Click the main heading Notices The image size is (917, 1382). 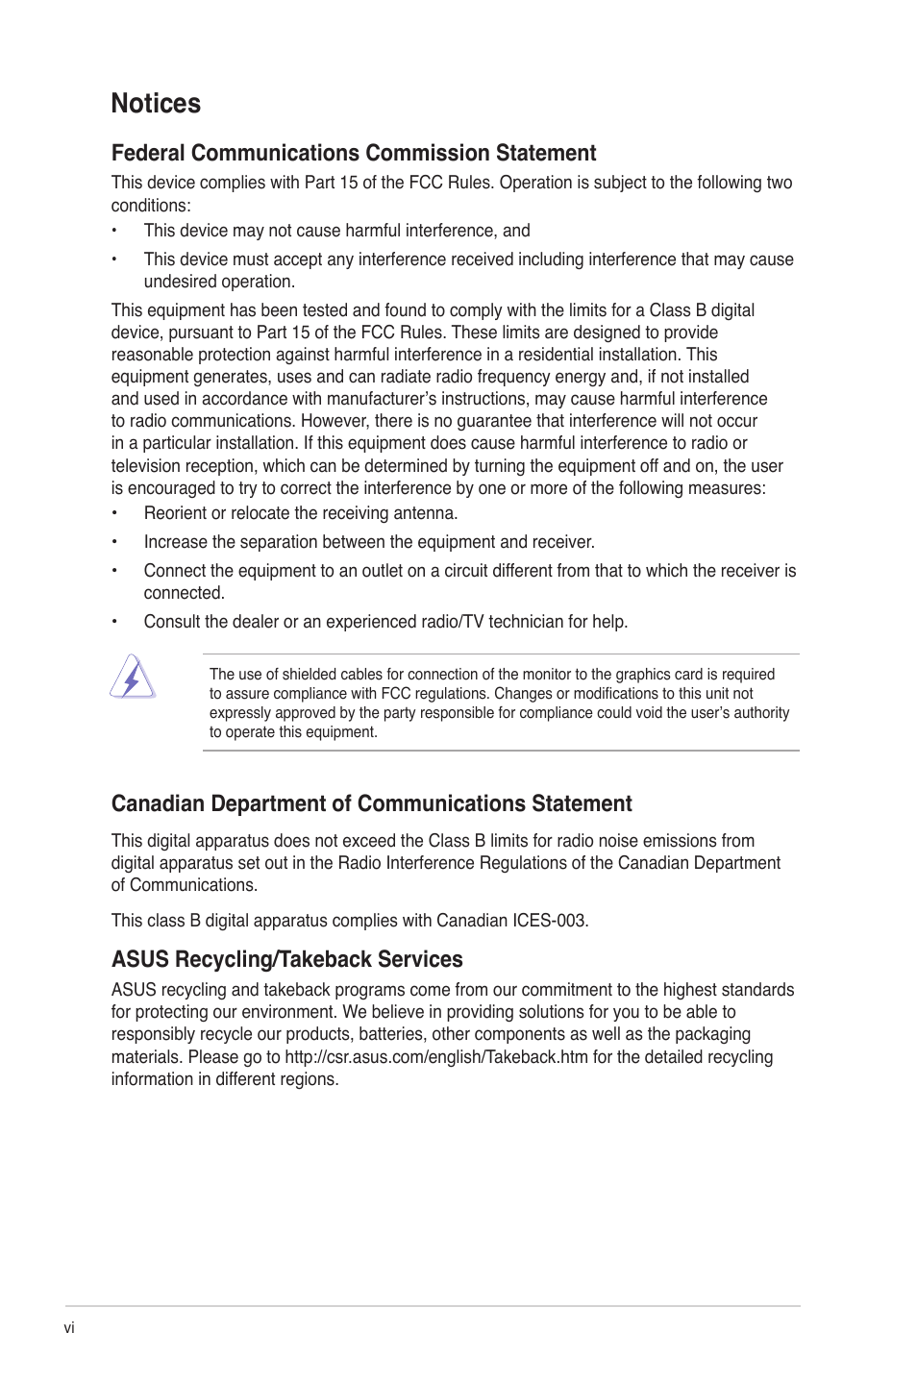click(156, 104)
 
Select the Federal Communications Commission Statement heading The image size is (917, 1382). click(354, 154)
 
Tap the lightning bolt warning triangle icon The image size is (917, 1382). click(132, 678)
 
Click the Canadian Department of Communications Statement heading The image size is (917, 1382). click(371, 804)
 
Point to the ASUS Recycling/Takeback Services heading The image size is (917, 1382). click(286, 960)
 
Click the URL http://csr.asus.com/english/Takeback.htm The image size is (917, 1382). click(435, 1057)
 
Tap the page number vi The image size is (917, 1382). click(69, 1328)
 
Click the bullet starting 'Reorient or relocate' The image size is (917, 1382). click(300, 513)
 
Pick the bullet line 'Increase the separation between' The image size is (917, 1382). click(369, 542)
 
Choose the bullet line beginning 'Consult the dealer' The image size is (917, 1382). click(385, 622)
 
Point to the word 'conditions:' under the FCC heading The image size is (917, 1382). click(151, 206)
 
